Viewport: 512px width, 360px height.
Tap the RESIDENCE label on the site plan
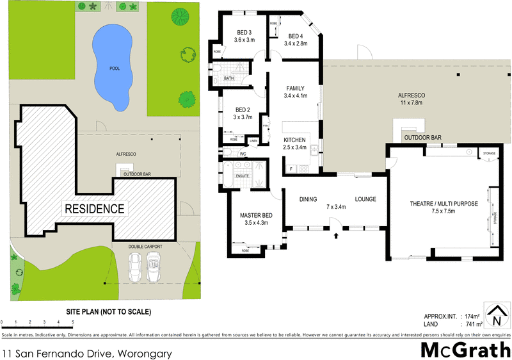(93, 209)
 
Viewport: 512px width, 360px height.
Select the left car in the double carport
(136, 267)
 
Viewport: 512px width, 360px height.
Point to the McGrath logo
(465, 350)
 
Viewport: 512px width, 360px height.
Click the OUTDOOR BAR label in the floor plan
(422, 138)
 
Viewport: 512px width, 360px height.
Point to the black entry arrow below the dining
(336, 235)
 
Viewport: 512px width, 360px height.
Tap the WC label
(243, 154)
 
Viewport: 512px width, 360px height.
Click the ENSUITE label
(243, 175)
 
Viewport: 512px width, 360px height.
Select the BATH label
(229, 79)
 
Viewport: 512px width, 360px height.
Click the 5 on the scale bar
(72, 322)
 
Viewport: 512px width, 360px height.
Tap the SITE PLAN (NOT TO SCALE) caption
(109, 312)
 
